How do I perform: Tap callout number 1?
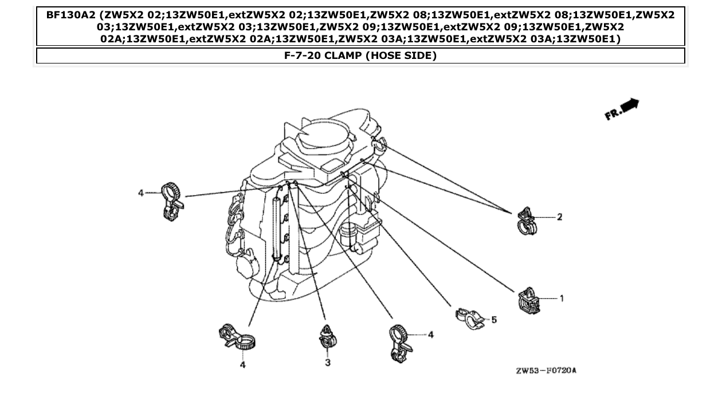pos(562,298)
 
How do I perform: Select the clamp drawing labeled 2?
pos(527,221)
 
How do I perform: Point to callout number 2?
pos(559,217)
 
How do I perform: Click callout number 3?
pos(327,363)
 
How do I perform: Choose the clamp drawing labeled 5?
pos(470,318)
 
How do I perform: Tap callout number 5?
pos(494,320)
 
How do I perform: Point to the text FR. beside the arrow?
pos(612,114)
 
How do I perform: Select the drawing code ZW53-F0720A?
pos(546,371)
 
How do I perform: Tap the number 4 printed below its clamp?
pos(242,364)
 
